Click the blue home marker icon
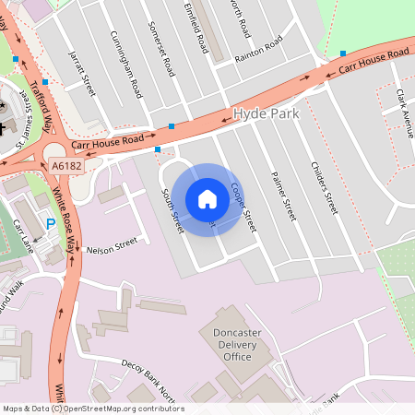[207, 199]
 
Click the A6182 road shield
[67, 166]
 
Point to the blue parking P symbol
[51, 223]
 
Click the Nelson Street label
[111, 246]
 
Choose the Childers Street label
[326, 184]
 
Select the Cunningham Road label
[125, 70]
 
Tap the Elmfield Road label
[195, 29]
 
